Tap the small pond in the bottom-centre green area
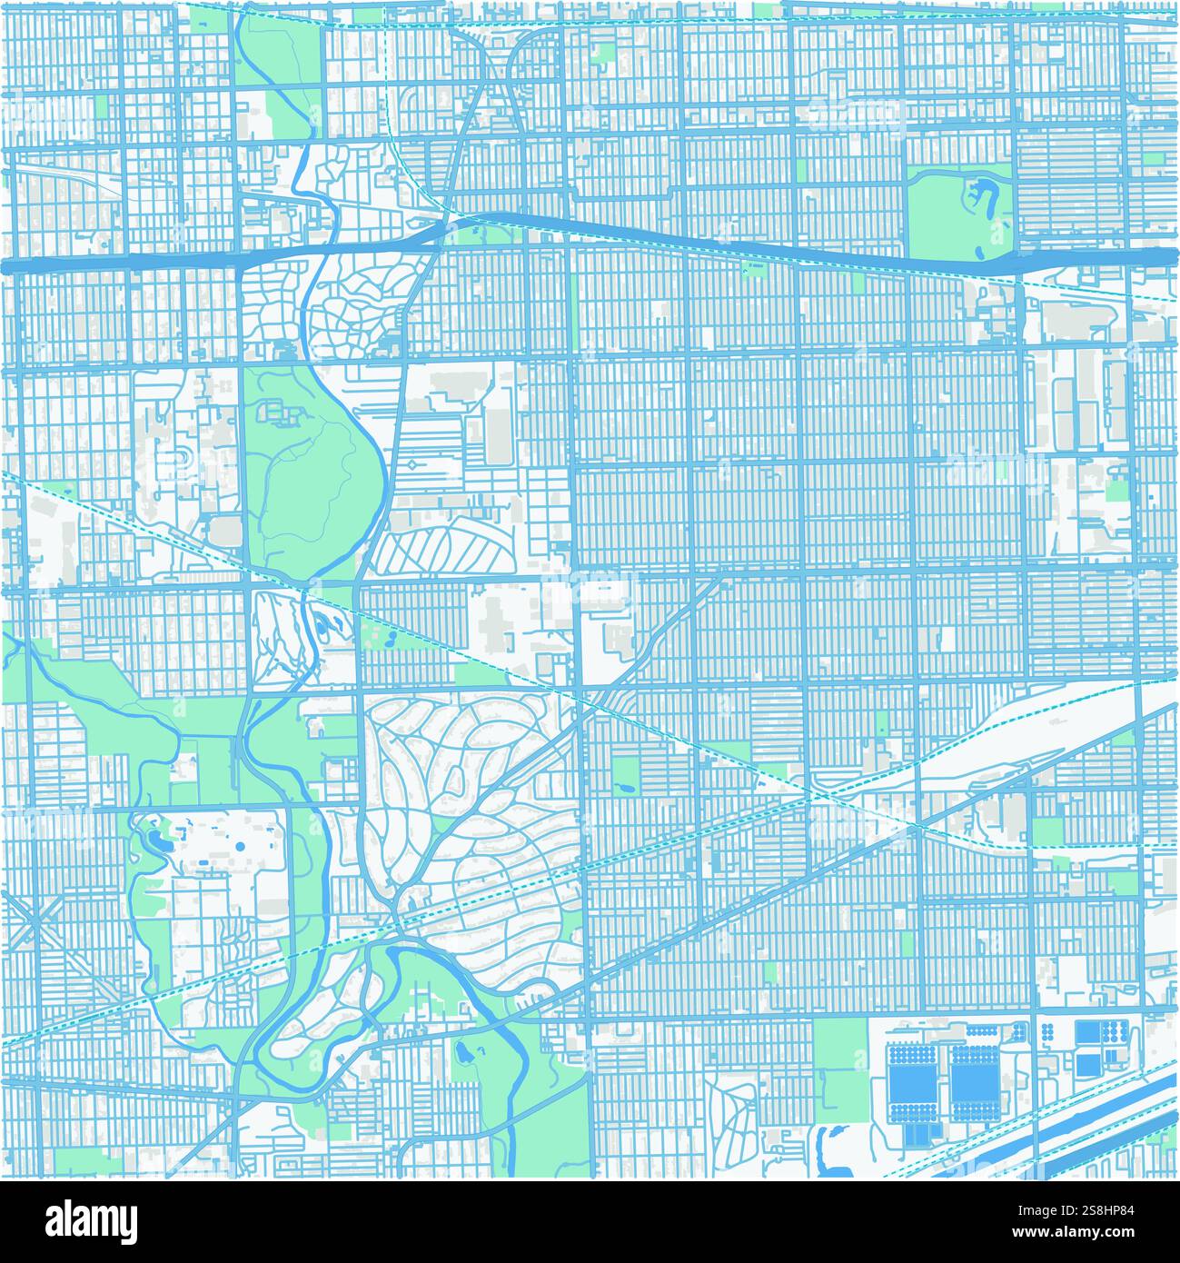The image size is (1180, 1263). coord(463,1054)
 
